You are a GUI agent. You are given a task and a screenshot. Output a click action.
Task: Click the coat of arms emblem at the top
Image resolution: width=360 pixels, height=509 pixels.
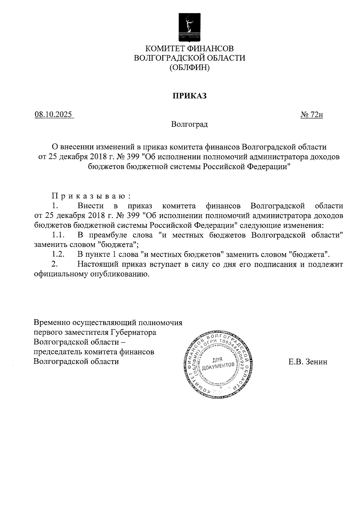(189, 27)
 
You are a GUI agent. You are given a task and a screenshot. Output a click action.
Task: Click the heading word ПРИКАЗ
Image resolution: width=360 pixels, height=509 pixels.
(189, 96)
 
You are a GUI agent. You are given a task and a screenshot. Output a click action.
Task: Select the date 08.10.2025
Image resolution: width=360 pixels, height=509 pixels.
(53, 115)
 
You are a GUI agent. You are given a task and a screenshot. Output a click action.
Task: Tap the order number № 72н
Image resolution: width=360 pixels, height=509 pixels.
(312, 115)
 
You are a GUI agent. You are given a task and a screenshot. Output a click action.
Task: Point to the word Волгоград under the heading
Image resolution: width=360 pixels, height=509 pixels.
(189, 124)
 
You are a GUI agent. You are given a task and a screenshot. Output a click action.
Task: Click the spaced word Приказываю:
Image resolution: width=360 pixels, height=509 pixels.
(91, 196)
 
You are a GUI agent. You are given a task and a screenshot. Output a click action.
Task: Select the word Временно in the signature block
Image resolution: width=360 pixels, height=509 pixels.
(52, 323)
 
